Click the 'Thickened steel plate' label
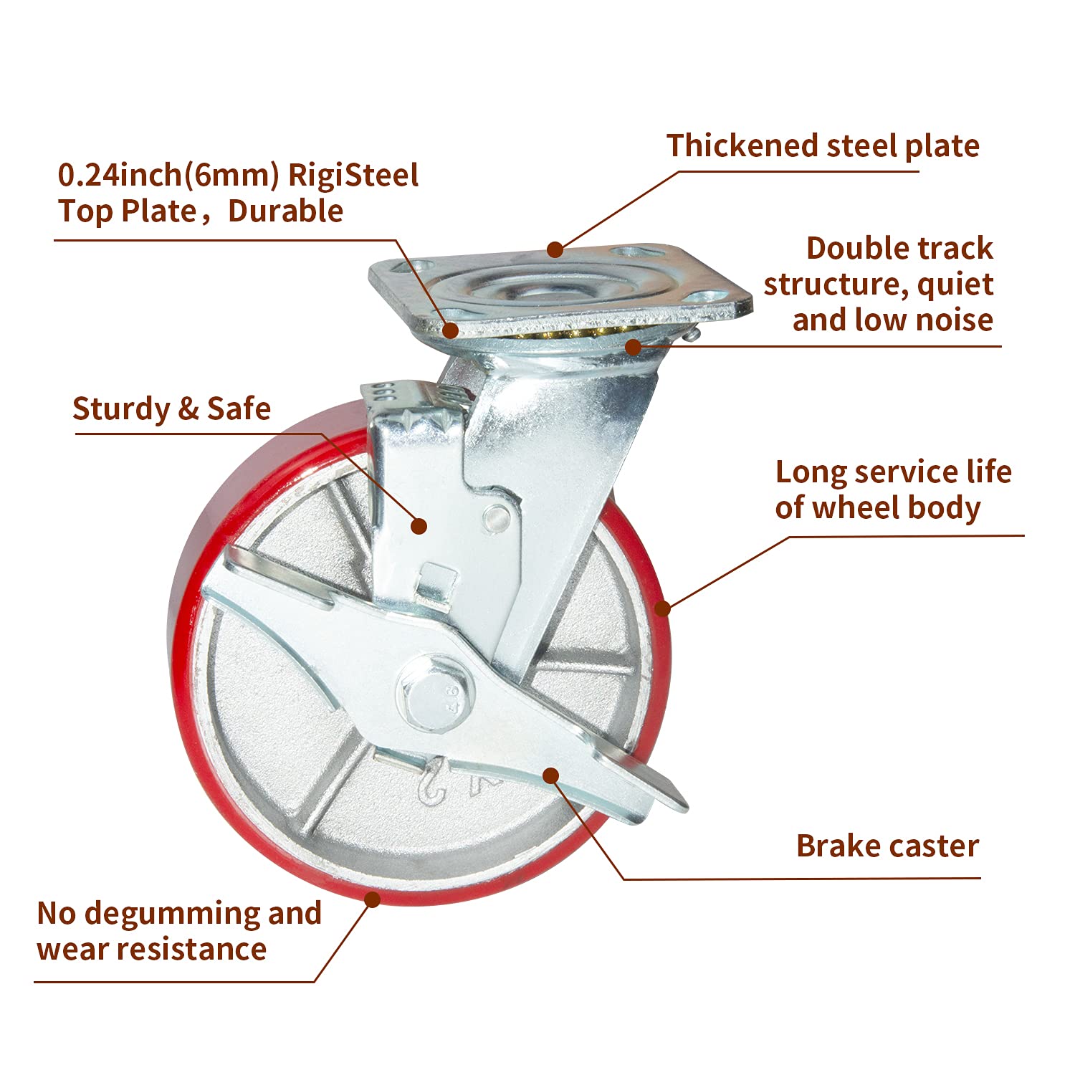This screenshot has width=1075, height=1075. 823,145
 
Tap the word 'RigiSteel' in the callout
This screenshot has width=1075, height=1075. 353,176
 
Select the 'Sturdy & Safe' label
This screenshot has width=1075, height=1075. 172,408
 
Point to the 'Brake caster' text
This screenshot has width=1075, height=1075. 887,846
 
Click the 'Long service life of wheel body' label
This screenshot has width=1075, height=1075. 893,490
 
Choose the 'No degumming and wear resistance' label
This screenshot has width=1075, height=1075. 179,931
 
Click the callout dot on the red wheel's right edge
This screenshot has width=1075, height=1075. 663,609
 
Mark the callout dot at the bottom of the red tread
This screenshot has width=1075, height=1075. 373,899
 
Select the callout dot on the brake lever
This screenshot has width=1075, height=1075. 550,775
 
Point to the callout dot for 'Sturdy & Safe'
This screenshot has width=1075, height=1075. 419,527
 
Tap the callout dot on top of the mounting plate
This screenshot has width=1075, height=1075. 555,249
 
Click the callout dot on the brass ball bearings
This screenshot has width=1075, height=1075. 632,347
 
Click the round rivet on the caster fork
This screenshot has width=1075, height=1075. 496,515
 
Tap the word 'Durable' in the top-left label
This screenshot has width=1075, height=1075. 285,211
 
